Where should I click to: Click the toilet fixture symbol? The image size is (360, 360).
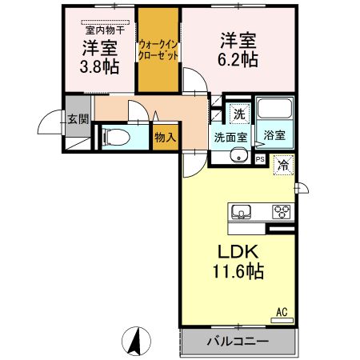coord(116,137)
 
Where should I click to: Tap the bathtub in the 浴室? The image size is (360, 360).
coord(274,108)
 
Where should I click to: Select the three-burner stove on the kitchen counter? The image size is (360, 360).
coord(281,212)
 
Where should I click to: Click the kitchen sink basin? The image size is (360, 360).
coord(241,212)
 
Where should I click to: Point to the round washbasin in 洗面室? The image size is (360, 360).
coord(239,156)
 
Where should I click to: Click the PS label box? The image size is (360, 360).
coord(260,159)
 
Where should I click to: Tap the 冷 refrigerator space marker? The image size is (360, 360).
coord(283,166)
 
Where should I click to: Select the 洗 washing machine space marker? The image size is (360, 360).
coord(239,114)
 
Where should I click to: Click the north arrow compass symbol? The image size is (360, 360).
coord(136,341)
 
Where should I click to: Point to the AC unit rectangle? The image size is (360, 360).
coord(282,320)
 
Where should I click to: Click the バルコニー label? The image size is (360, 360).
coord(238,341)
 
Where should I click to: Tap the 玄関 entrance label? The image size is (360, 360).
coord(78,119)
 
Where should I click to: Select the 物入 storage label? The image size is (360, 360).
coord(166,138)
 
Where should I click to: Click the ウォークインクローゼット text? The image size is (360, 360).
coord(158,50)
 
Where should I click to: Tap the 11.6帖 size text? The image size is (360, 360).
coord(238,271)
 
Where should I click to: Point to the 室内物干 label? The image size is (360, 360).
coord(105,30)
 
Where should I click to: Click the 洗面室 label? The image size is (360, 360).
coord(231,137)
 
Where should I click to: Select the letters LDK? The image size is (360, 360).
coord(238,251)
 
